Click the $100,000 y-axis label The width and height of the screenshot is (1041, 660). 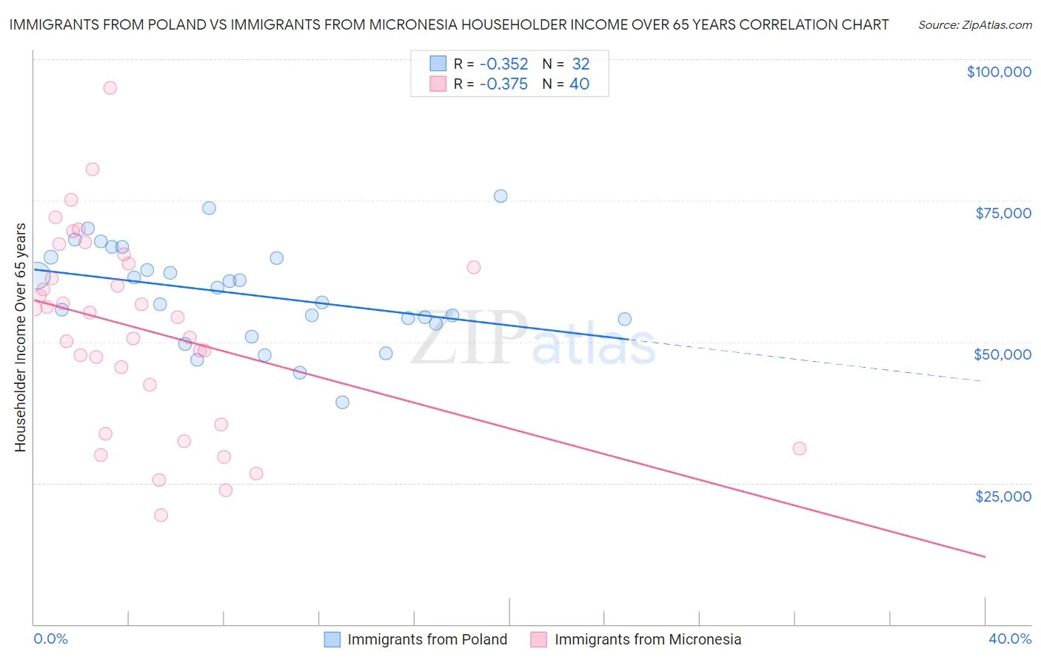coord(999,72)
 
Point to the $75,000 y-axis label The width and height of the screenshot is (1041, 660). coord(1003,213)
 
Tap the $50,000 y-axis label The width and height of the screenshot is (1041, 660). coord(1002,354)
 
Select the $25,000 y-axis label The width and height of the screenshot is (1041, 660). coord(1003,496)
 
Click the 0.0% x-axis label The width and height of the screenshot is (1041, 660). coord(50,639)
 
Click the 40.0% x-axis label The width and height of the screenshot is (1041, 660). coord(1010,639)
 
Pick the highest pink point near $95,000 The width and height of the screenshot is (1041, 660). coord(110,88)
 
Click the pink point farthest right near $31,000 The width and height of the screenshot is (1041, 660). coord(800,448)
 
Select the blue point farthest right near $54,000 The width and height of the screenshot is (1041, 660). coord(625,319)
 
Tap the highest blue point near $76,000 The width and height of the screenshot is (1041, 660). coord(501,196)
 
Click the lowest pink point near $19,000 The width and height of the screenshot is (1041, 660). coord(161,515)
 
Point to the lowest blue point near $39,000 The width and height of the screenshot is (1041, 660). coord(342,403)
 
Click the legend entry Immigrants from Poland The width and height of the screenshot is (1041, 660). coord(427,639)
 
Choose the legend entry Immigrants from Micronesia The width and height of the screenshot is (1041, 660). coord(647,639)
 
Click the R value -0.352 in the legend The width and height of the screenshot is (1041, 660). coord(503,64)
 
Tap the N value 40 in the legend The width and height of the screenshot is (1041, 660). coord(579,84)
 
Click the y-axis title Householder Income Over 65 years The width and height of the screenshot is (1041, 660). coord(21,337)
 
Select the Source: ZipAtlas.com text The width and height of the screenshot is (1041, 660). coord(974,25)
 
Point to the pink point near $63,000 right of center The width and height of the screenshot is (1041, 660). coord(474,267)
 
